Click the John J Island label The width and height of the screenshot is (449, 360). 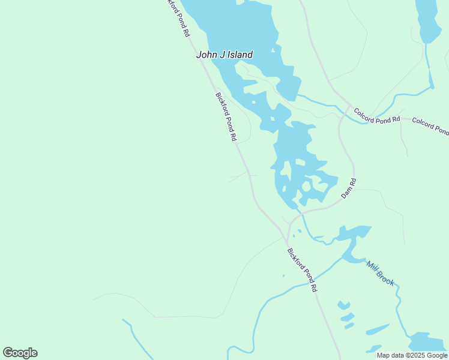224,55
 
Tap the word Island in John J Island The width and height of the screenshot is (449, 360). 238,55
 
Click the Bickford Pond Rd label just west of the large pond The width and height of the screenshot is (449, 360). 226,116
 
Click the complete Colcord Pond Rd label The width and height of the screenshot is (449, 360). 376,115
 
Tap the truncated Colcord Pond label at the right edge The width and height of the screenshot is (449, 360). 430,126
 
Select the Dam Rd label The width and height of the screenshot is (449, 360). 349,188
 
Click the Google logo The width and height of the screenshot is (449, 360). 20,353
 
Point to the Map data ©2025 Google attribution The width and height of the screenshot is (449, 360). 412,355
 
